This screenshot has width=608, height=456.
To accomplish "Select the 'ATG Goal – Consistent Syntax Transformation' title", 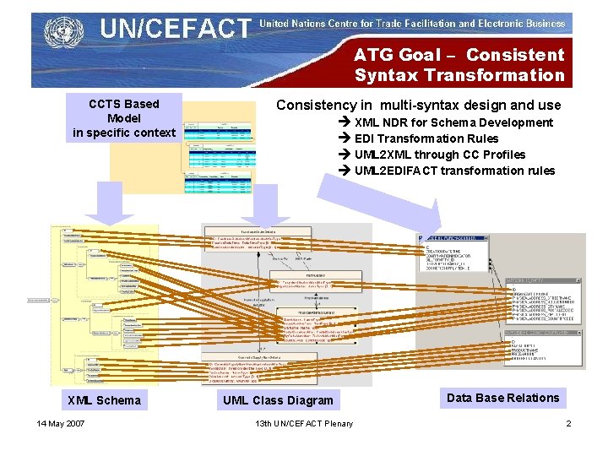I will (459, 65).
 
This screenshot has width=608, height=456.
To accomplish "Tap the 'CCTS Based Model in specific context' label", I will (124, 118).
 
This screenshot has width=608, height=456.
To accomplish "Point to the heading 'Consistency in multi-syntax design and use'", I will (418, 106).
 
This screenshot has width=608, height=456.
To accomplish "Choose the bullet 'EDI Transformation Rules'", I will (426, 138).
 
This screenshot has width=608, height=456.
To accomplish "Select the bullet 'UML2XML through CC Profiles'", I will (439, 155).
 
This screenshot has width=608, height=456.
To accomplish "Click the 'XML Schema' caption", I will (104, 400).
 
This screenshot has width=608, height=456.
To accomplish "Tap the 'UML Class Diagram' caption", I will (278, 400).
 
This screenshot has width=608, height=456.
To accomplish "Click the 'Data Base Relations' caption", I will (502, 398).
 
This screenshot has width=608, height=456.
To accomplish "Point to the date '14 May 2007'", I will (61, 423).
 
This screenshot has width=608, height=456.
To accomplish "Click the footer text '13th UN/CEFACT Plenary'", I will (304, 423).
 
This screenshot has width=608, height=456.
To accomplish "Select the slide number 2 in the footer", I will (568, 423).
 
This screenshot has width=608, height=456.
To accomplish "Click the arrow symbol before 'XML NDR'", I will (345, 122).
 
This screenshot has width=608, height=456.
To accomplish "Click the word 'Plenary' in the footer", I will (337, 423).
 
